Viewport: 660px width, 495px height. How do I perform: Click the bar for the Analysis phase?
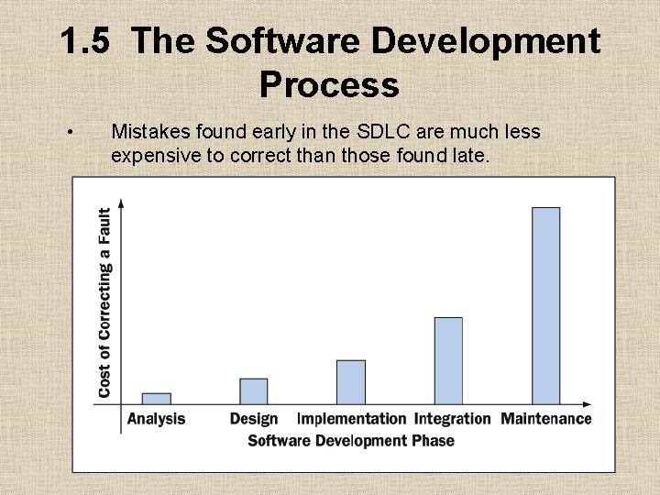pos(157,399)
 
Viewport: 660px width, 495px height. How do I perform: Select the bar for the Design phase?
pos(254,391)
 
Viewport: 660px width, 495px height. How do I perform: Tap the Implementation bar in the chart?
pos(351,382)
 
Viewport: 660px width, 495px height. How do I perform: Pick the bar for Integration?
pos(448,361)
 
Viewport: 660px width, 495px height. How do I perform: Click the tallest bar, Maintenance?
pos(545,306)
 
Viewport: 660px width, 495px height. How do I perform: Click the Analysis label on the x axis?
pos(156,419)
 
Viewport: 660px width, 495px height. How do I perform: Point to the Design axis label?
pos(254,419)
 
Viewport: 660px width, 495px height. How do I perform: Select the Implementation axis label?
pos(351,419)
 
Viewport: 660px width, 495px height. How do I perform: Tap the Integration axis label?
pos(453,419)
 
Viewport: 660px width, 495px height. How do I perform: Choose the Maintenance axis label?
pos(546,419)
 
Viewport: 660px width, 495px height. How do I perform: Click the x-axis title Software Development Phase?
pos(351,441)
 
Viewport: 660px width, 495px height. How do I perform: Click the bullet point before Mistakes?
pos(71,134)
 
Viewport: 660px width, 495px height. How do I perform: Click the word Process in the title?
pos(329,84)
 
